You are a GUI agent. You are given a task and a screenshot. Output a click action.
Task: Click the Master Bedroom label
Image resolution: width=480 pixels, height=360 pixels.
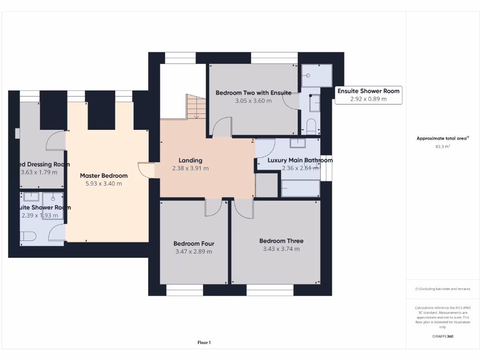104,176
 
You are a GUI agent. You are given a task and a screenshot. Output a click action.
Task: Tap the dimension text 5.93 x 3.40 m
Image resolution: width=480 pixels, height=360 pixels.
104,184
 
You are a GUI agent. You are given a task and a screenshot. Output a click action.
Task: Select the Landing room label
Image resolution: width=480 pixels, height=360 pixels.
190,160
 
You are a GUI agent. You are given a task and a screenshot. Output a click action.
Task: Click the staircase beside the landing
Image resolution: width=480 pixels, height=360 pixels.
196,106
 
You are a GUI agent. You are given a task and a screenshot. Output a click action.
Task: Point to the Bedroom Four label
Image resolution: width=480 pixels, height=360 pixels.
194,244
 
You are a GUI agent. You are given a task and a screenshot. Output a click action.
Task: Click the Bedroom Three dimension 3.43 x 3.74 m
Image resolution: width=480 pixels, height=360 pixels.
281,249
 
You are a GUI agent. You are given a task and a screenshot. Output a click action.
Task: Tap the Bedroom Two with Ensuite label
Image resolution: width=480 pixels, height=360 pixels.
253,93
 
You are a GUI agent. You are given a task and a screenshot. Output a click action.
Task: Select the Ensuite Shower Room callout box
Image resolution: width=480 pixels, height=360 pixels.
368,95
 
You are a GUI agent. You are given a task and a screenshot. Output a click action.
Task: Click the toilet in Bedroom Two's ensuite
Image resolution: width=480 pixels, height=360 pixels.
311,126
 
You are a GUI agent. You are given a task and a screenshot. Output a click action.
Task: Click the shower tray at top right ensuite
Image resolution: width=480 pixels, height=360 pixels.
316,75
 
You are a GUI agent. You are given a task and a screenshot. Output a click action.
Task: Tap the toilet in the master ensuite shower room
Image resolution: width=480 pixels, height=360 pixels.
28,237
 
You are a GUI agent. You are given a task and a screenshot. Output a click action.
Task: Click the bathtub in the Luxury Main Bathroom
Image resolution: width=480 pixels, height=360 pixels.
300,188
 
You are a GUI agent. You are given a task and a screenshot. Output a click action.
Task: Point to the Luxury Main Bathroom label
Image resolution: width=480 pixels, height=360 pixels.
300,160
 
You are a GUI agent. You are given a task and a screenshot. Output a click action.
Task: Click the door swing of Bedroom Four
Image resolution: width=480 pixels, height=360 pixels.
213,208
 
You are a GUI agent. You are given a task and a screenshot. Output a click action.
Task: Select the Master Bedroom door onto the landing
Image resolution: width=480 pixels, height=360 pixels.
146,170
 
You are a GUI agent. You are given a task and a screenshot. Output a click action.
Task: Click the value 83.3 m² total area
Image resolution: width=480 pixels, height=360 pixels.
442,147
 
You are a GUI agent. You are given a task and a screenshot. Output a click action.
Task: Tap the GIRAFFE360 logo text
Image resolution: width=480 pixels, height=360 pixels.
442,336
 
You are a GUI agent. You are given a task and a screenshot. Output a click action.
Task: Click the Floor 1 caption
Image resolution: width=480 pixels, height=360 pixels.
204,343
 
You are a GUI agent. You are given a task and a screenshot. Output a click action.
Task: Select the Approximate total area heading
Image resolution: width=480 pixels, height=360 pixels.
442,138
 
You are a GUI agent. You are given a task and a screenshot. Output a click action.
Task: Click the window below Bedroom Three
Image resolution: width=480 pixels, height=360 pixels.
270,290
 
